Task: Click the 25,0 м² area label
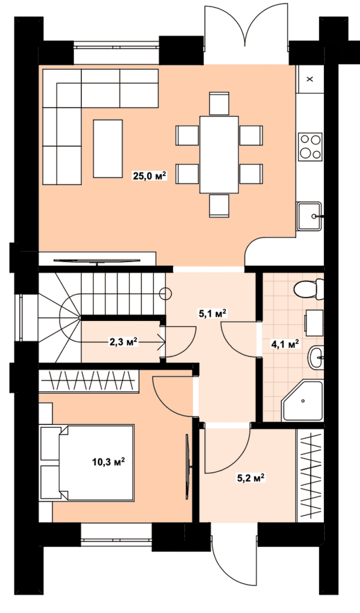coord(150,175)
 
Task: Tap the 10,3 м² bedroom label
coord(108,462)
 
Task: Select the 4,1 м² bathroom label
coord(285,344)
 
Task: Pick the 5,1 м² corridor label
coord(213,313)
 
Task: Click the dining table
coord(219,155)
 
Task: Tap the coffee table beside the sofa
coord(108,149)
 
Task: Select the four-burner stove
coord(310,147)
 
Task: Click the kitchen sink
coord(309,216)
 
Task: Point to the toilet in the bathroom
coord(309,289)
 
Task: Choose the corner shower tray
coord(302,401)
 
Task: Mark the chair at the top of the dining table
coord(219,103)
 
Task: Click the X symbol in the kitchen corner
coord(310,79)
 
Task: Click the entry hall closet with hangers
coord(310,475)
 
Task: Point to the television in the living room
coord(97,261)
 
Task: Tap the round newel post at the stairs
coord(166,294)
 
